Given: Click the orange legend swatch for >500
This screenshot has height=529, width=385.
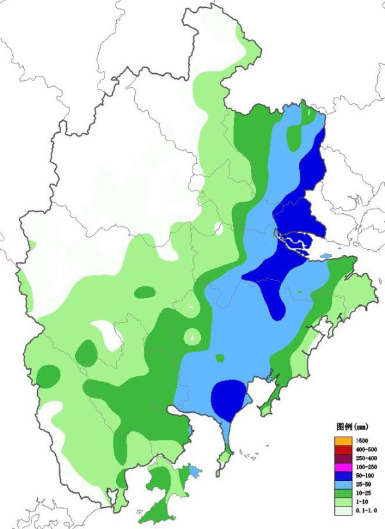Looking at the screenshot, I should point(339,440).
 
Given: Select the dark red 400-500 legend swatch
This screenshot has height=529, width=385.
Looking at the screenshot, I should point(339,449).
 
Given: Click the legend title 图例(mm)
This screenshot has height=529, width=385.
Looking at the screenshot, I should point(350,427).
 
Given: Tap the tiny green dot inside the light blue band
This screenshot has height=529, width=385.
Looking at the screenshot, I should point(220,358).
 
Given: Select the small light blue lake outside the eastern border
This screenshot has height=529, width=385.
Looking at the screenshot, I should point(326,256).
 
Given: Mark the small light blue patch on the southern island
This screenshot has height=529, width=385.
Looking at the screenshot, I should point(194,471).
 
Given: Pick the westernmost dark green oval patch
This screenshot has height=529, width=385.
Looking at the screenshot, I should point(47,375).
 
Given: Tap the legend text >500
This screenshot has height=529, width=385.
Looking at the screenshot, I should point(353,440).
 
